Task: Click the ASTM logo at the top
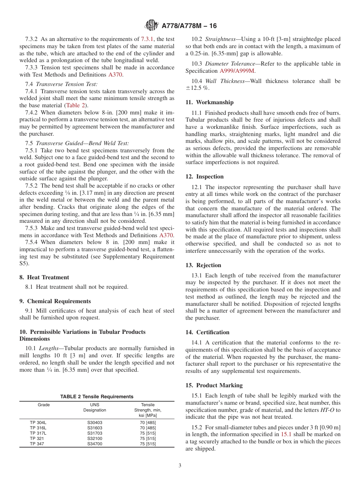pyautogui.click(x=152, y=26)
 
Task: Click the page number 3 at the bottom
pyautogui.click(x=180, y=466)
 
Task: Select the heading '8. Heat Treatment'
pyautogui.click(x=44, y=277)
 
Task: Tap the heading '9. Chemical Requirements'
pyautogui.click(x=55, y=301)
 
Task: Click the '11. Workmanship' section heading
pyautogui.click(x=210, y=102)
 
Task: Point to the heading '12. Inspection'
pyautogui.click(x=205, y=177)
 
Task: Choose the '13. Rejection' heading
pyautogui.click(x=203, y=265)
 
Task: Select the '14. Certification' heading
pyautogui.click(x=208, y=332)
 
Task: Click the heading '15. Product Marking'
pyautogui.click(x=214, y=385)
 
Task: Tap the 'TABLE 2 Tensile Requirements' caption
pyautogui.click(x=97, y=397)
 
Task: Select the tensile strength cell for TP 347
pyautogui.click(x=148, y=444)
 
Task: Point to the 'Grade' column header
pyautogui.click(x=44, y=405)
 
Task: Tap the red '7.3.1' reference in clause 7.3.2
pyautogui.click(x=147, y=39)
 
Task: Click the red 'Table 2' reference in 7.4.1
pyautogui.click(x=75, y=105)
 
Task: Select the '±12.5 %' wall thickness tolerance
pyautogui.click(x=198, y=88)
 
